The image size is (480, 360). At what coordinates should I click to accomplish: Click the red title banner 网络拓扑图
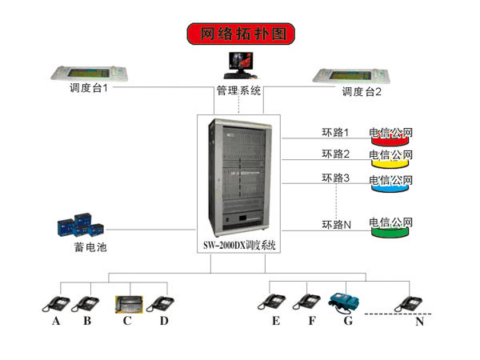point(241,34)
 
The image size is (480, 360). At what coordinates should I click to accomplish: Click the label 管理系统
point(238,91)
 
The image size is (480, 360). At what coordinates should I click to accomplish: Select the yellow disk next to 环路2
point(390,160)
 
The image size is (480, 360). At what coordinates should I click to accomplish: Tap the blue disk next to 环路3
point(390,185)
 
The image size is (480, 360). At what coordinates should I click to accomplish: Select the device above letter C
point(127,302)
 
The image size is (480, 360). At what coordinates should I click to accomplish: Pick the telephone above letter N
point(410,302)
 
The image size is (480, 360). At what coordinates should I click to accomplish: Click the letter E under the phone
point(275,322)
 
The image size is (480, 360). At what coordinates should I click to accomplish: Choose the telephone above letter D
point(162,302)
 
